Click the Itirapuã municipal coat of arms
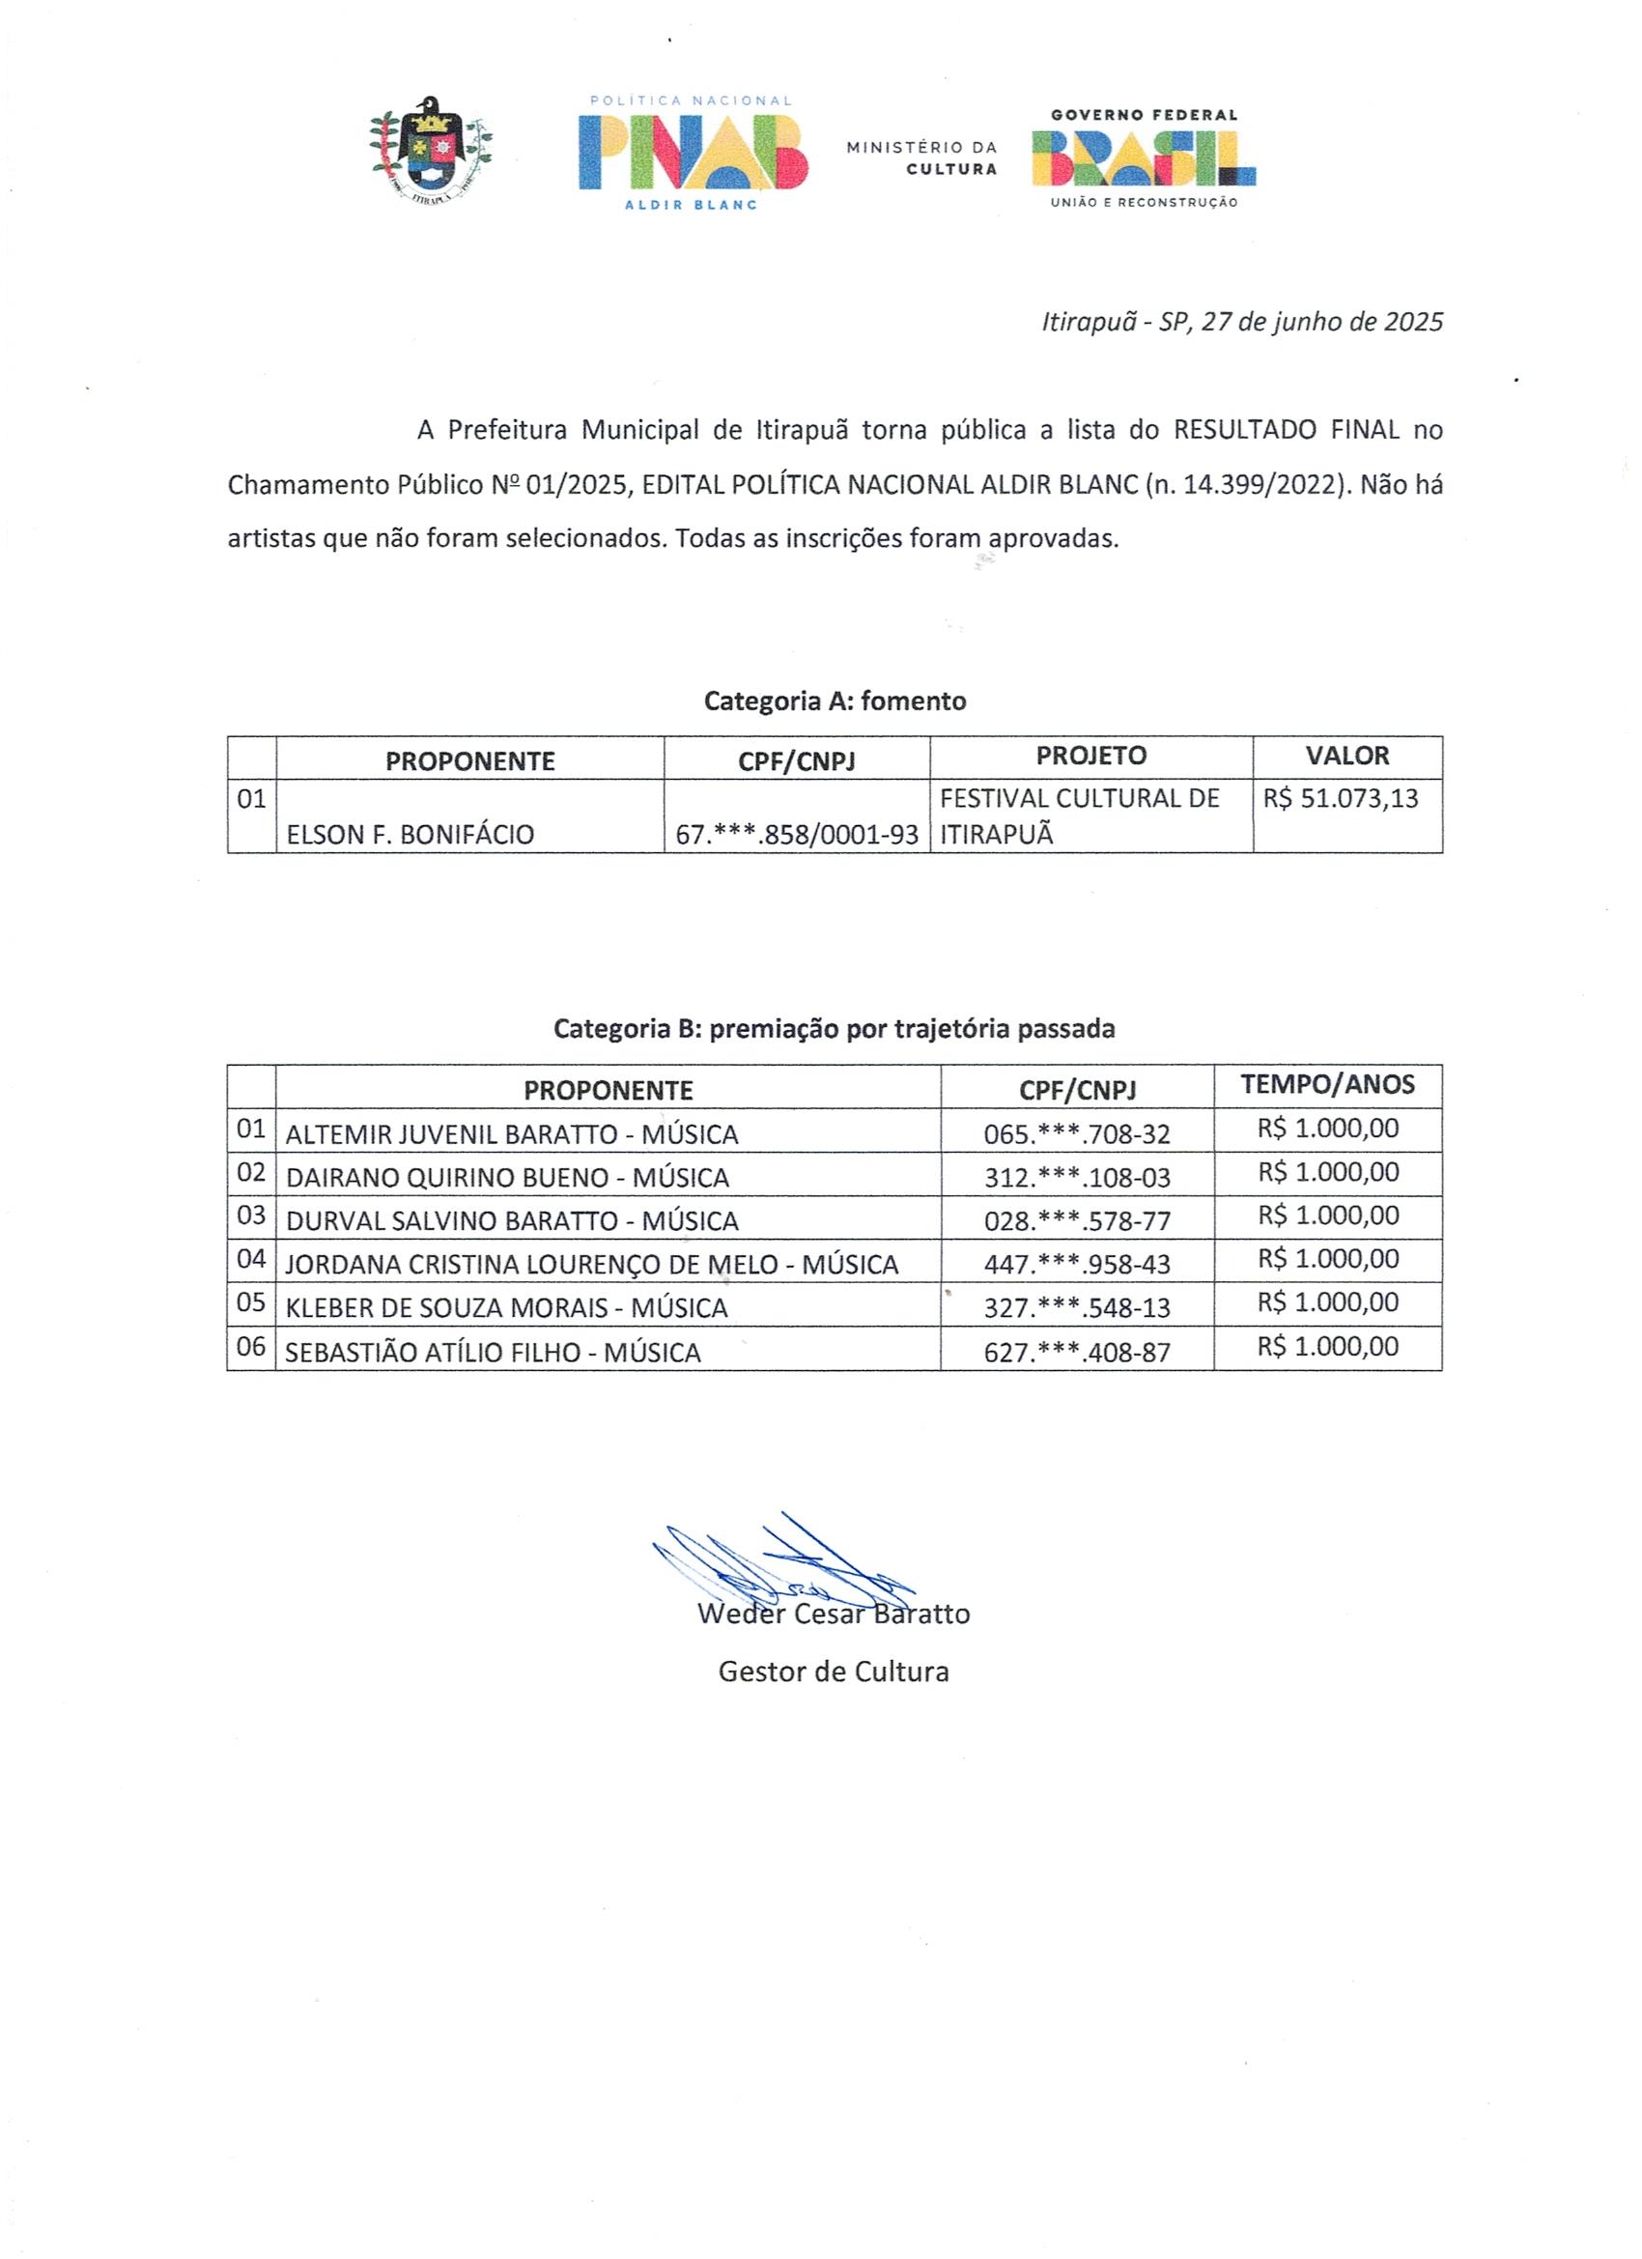pos(431,151)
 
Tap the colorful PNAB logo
pos(694,152)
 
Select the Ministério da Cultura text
pos(921,157)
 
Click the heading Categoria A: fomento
pos(835,701)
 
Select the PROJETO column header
pos(1090,756)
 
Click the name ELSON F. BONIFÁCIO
pos(410,835)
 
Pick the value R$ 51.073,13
pos(1341,799)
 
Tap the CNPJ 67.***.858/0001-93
pos(797,835)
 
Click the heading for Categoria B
pos(834,1029)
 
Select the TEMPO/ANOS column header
pos(1327,1085)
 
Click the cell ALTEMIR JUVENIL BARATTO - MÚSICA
pos(512,1134)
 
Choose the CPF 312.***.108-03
pos(1076,1179)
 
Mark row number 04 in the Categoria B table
pos(251,1259)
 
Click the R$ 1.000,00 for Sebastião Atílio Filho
pos(1327,1347)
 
